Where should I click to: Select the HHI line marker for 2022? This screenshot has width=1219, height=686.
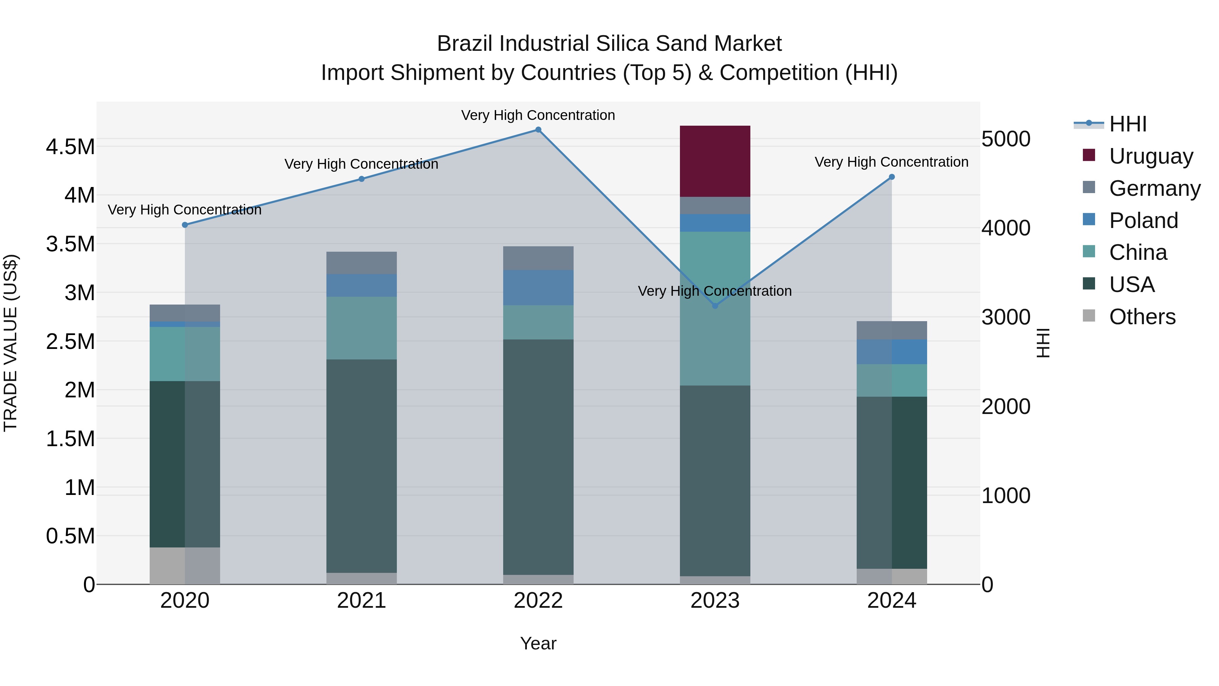538,130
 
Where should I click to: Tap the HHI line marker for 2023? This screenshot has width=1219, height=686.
715,306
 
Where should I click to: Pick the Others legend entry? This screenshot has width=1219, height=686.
1141,317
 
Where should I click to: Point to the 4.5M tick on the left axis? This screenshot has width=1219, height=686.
70,147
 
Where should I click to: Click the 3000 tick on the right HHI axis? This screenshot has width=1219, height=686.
1006,317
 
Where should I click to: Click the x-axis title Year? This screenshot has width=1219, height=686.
538,643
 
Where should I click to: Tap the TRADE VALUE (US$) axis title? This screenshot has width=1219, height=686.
10,343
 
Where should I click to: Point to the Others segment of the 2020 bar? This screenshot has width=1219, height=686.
185,566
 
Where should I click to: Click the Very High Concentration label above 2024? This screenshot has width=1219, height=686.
891,162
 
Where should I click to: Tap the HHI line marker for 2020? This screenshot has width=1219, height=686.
185,225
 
